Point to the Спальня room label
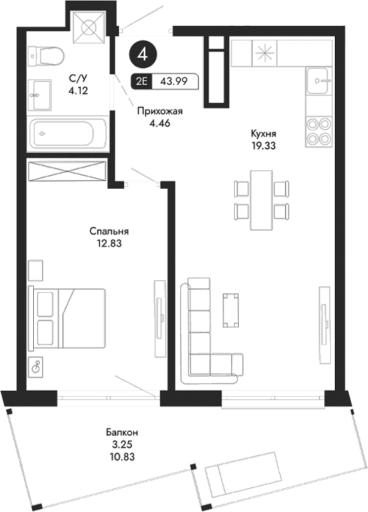tap(109, 232)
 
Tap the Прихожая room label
tap(159, 112)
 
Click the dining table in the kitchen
tap(262, 199)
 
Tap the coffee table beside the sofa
tap(231, 309)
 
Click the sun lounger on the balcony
tap(243, 471)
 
